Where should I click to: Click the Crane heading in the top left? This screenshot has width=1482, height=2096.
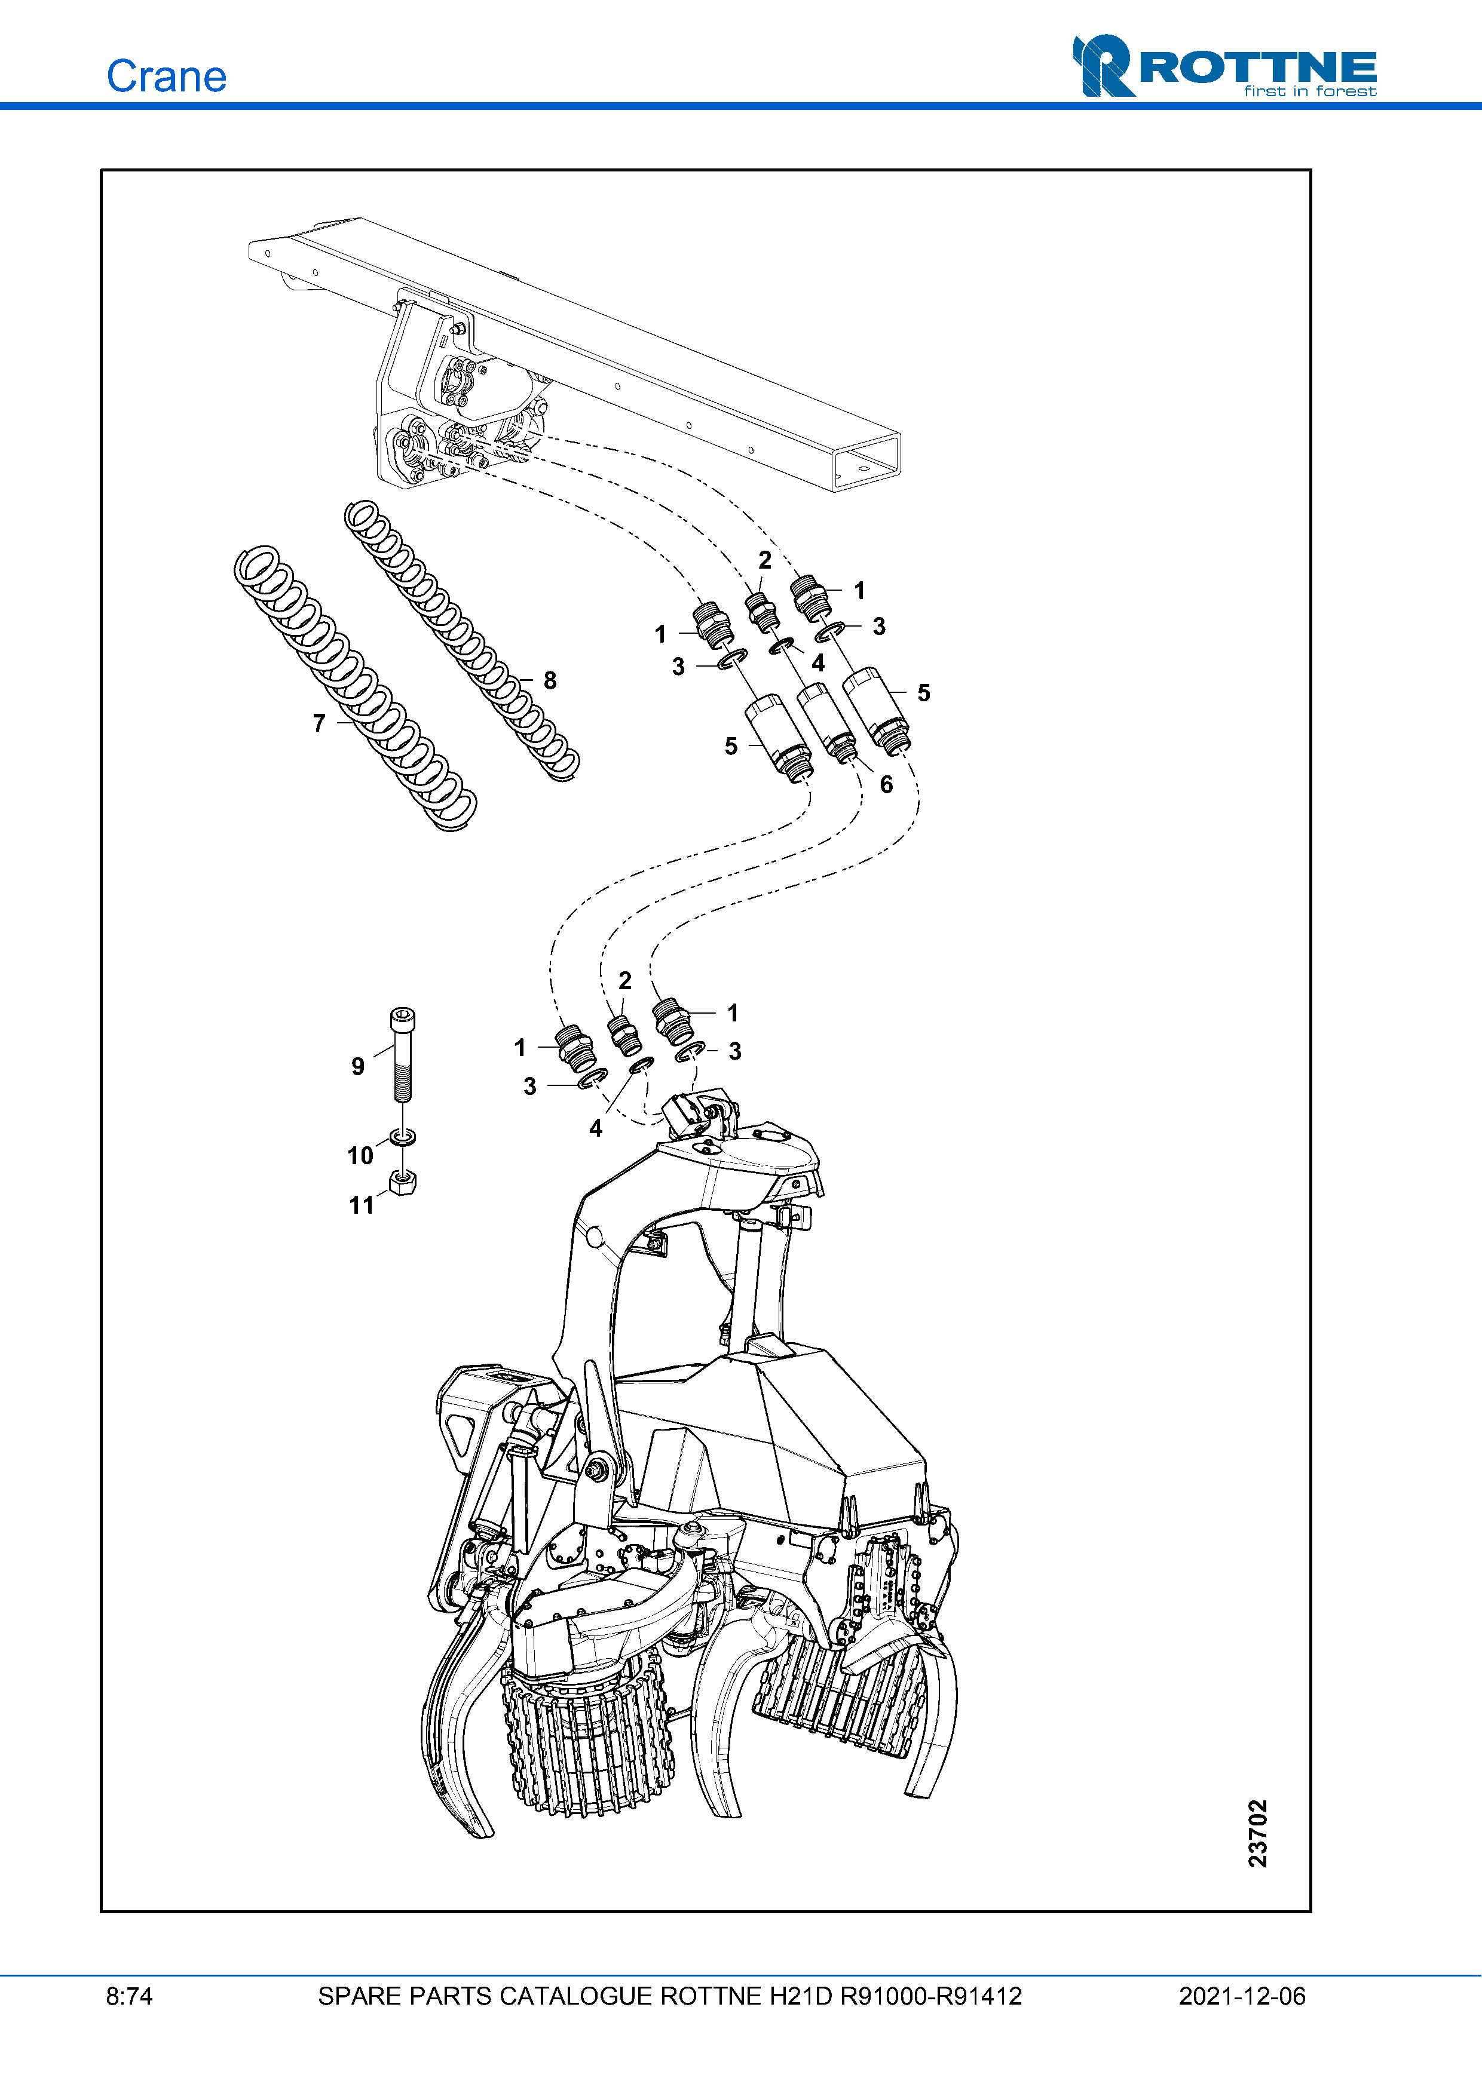point(166,76)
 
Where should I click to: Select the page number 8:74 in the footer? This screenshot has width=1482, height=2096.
point(130,1996)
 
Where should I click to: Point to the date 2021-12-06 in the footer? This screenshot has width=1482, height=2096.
point(1242,1996)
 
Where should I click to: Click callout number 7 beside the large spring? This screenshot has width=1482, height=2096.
point(319,723)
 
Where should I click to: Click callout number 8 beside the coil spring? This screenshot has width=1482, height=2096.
point(550,680)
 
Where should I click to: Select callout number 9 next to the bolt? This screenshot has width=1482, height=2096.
point(358,1066)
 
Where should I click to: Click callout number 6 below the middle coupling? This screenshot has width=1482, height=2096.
point(886,785)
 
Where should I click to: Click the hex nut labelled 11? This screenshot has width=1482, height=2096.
point(403,1182)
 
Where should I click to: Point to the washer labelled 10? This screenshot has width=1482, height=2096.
point(403,1137)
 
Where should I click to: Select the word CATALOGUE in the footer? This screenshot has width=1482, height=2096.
point(575,1996)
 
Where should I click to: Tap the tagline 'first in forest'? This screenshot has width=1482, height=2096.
point(1310,91)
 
